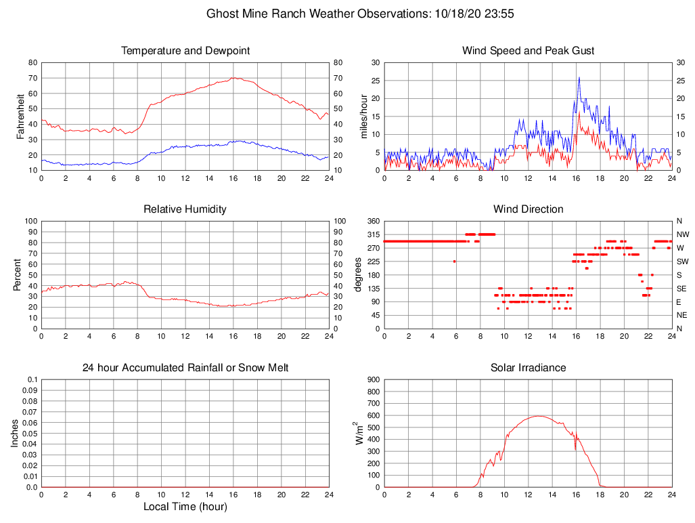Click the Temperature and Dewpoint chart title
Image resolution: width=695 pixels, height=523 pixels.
[185, 51]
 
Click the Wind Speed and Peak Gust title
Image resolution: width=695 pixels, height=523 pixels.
[528, 51]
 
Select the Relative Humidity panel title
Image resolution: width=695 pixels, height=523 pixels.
[185, 209]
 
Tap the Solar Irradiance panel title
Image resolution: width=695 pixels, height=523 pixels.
[528, 368]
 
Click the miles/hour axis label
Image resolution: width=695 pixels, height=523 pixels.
[365, 117]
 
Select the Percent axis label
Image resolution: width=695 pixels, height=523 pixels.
[17, 275]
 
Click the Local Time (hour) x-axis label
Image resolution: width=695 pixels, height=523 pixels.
[185, 507]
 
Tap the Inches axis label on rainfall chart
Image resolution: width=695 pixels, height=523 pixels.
[15, 434]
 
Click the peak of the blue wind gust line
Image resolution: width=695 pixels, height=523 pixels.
[579, 77]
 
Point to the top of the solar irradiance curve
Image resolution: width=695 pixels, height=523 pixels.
[538, 416]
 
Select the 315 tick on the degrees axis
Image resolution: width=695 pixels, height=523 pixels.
[372, 234]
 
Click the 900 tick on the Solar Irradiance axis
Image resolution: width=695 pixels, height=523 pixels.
[372, 379]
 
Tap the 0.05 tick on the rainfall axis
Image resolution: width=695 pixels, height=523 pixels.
[30, 434]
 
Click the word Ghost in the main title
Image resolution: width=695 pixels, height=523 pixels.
[221, 14]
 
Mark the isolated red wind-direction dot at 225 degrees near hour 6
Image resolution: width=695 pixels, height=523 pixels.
[455, 261]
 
